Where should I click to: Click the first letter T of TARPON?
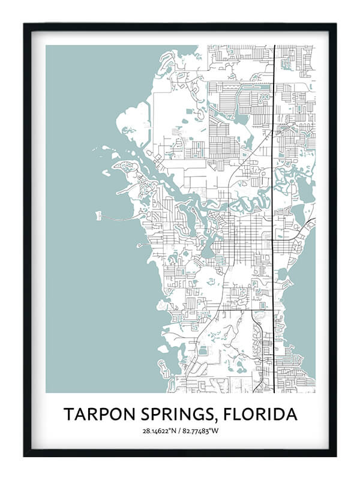[x=68, y=414]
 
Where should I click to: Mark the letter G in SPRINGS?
[x=208, y=414]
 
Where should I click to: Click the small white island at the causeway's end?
[x=98, y=214]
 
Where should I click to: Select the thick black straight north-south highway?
[x=274, y=180]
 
